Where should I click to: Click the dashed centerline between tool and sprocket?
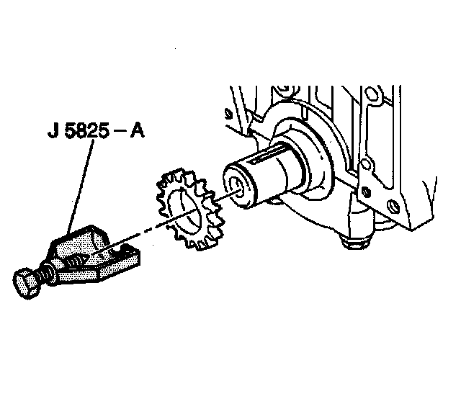click(x=144, y=230)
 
